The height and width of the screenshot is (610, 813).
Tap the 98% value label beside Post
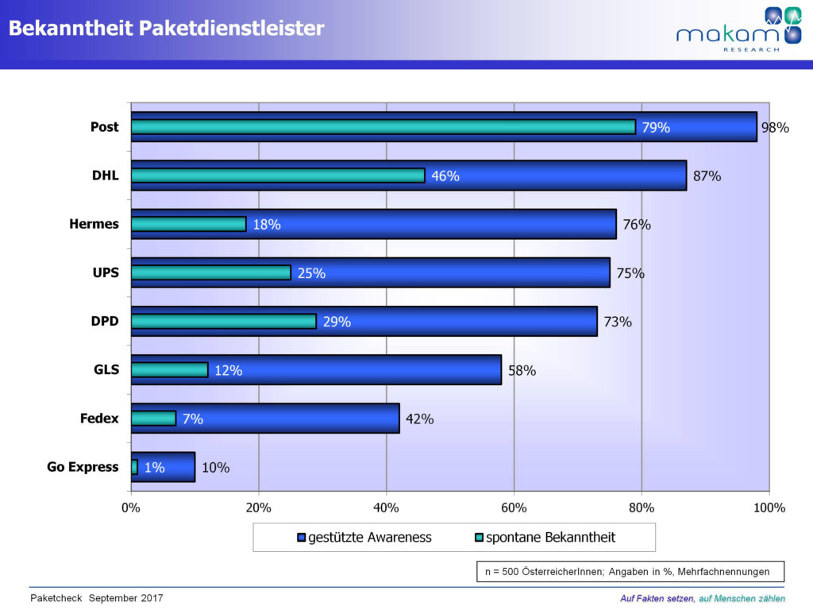click(774, 127)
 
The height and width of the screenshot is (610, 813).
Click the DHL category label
click(105, 176)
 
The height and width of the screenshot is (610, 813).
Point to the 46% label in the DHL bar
click(445, 176)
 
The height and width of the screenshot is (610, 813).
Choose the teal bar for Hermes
click(188, 224)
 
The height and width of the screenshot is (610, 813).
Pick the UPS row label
click(105, 272)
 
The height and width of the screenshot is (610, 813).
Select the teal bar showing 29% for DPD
click(223, 321)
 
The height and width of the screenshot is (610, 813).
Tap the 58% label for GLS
click(521, 370)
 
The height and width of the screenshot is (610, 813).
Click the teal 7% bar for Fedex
click(153, 419)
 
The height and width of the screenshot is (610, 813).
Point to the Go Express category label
click(83, 467)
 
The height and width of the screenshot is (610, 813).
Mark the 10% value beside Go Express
click(214, 468)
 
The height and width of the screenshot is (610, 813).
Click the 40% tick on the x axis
click(386, 508)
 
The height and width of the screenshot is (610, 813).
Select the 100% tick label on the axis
click(768, 508)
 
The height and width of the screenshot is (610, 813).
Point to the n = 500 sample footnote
click(630, 571)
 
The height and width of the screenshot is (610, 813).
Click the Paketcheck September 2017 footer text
click(96, 597)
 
